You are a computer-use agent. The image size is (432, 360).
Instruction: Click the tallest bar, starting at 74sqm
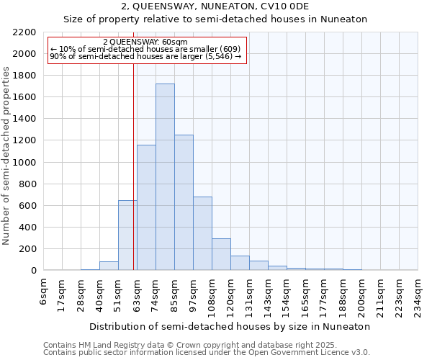click(x=165, y=177)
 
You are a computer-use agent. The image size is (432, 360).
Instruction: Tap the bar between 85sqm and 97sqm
click(x=184, y=202)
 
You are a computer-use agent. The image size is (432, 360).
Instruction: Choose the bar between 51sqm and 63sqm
click(x=127, y=235)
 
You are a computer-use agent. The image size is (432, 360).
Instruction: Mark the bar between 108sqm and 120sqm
click(x=221, y=254)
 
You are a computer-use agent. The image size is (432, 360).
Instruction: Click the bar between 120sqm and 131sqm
click(x=240, y=263)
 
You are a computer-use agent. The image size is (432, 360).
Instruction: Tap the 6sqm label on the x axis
click(x=45, y=292)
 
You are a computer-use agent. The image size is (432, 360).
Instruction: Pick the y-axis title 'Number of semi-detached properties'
click(x=7, y=156)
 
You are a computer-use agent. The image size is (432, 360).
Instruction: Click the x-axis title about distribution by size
click(x=230, y=326)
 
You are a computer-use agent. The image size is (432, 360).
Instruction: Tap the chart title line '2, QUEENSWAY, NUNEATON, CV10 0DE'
click(x=215, y=6)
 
